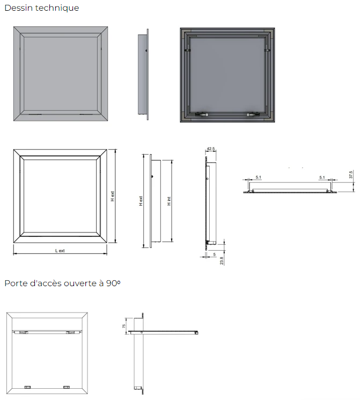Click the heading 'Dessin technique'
(x=42, y=8)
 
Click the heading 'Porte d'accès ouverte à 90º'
(x=62, y=283)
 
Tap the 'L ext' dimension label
(x=60, y=251)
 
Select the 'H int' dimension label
(x=169, y=201)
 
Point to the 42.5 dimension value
(x=211, y=149)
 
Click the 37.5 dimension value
(x=351, y=174)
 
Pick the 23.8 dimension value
(x=222, y=260)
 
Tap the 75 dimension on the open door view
(x=124, y=326)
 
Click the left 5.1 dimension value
(x=259, y=177)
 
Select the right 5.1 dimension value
(x=322, y=177)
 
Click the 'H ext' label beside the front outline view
(x=113, y=197)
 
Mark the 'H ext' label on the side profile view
(x=141, y=201)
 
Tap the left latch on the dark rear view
(x=201, y=114)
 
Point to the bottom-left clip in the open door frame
(x=27, y=387)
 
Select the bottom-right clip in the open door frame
(x=67, y=387)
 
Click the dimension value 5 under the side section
(x=215, y=254)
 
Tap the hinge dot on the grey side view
(x=146, y=50)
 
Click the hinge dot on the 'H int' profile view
(x=152, y=176)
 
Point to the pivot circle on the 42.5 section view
(x=207, y=179)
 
